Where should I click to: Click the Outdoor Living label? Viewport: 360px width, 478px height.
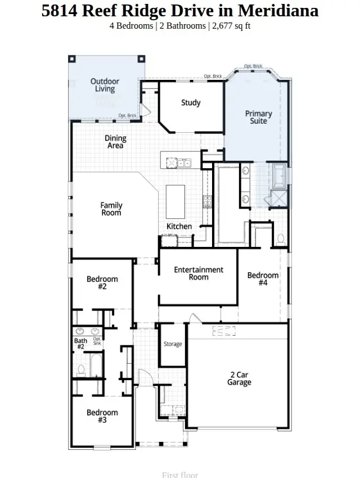(105, 85)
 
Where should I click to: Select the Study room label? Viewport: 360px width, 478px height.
(191, 103)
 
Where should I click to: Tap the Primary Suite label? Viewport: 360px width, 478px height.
(258, 117)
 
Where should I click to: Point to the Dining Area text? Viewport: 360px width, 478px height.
(115, 142)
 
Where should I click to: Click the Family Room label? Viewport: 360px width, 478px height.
(111, 209)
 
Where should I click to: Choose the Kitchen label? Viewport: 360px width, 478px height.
(179, 227)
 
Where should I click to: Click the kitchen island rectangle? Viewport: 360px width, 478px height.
(175, 202)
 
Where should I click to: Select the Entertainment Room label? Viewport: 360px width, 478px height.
(199, 273)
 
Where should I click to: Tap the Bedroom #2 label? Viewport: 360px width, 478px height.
(102, 282)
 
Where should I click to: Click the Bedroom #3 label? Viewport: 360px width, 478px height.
(102, 416)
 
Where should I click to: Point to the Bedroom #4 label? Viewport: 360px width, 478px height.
(263, 279)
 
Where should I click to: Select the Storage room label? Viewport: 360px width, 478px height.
(173, 344)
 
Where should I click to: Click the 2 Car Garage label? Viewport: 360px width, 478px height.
(239, 378)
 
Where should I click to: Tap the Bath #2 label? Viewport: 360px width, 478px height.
(80, 344)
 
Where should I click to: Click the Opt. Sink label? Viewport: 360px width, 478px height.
(97, 341)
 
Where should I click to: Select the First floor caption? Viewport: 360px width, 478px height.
(180, 475)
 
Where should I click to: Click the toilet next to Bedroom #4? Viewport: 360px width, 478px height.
(280, 239)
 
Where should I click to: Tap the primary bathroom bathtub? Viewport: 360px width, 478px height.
(279, 175)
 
